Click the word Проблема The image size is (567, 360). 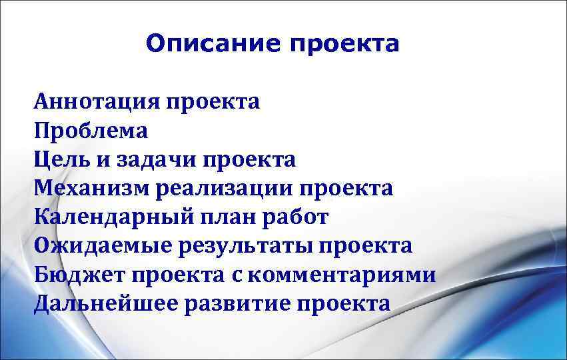pyautogui.click(x=91, y=131)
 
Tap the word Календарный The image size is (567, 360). pyautogui.click(x=109, y=217)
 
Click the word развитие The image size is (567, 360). pyautogui.click(x=237, y=303)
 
